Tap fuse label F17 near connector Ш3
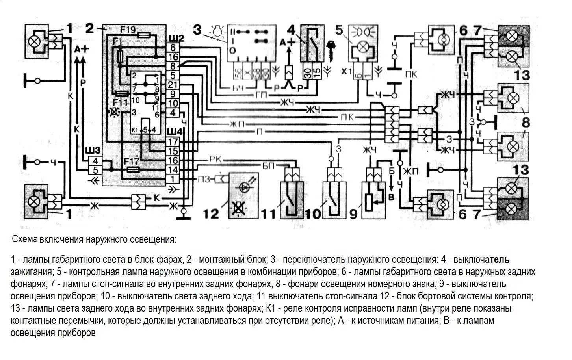[x=131, y=161]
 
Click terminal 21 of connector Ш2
[x=173, y=85]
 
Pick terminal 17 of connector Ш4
[x=173, y=142]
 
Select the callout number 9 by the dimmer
[x=353, y=214]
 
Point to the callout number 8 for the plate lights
[x=526, y=122]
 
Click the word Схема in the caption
[x=25, y=239]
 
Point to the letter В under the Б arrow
[x=391, y=198]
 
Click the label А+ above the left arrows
[x=82, y=49]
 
